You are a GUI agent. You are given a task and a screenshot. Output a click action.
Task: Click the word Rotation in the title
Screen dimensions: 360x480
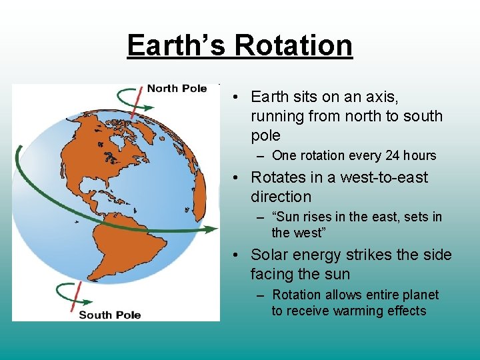tap(293, 46)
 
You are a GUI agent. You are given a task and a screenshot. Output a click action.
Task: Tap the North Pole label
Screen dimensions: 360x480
tap(177, 89)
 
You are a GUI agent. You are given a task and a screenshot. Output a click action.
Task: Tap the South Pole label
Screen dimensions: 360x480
tap(110, 314)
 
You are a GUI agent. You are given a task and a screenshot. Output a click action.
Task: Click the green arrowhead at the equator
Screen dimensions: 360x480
tap(212, 229)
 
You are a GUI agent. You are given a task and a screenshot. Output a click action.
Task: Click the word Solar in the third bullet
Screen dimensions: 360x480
tap(270, 255)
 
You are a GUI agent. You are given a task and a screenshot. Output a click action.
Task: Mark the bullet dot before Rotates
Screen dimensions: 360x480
tap(237, 178)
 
